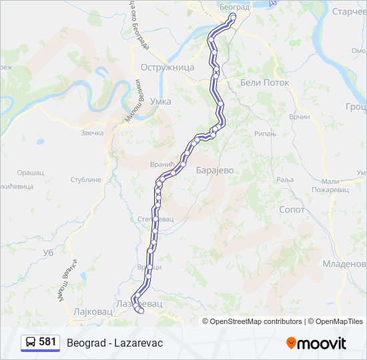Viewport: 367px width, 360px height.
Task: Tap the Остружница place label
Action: (167, 67)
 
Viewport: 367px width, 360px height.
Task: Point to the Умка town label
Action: (161, 101)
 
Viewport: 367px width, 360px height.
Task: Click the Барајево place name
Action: (215, 170)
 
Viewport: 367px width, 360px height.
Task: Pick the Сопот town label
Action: (292, 209)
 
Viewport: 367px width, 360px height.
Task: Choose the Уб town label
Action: (47, 253)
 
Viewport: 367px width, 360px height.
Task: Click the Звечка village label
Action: (92, 133)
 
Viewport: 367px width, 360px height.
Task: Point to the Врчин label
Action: (300, 117)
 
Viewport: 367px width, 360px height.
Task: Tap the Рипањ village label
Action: (265, 134)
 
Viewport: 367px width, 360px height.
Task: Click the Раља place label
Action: (285, 179)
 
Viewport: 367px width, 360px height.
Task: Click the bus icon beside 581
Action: (31, 342)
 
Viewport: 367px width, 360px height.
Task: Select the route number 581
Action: (47, 342)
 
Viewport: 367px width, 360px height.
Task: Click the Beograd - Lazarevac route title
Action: (115, 342)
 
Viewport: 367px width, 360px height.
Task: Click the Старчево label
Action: (349, 12)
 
